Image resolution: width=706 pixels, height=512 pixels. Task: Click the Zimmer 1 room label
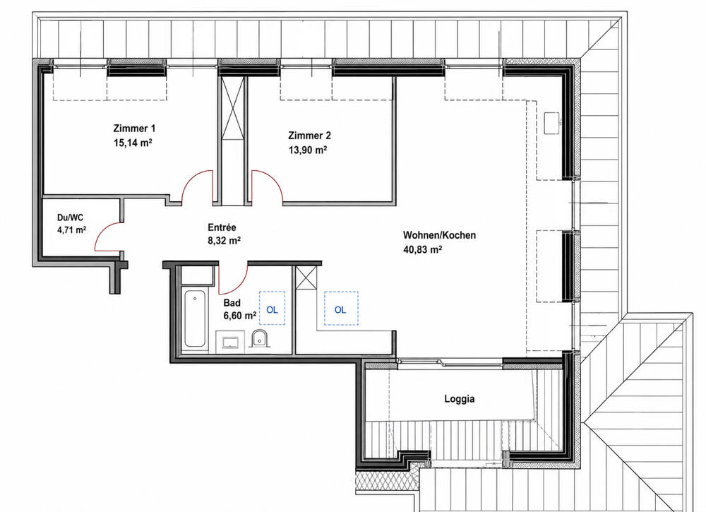(x=134, y=129)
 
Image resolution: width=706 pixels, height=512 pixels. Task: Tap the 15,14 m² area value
(x=133, y=143)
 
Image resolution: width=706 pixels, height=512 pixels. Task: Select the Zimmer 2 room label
(x=309, y=136)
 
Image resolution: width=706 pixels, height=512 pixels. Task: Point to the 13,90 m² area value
(x=308, y=150)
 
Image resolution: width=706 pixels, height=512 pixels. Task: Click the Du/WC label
(x=70, y=218)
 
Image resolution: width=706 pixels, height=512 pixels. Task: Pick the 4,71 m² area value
(x=71, y=230)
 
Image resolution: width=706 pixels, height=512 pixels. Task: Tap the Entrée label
(x=222, y=227)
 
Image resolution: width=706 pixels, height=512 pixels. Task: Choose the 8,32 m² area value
(x=224, y=241)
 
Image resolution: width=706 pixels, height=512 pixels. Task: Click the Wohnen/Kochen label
(x=439, y=235)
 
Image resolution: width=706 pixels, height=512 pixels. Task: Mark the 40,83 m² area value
(x=422, y=249)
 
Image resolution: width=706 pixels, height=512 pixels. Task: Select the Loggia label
(x=460, y=399)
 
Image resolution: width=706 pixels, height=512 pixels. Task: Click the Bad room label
(x=232, y=302)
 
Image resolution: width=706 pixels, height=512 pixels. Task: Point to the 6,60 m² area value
(x=240, y=316)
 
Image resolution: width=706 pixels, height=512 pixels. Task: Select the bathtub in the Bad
(x=195, y=318)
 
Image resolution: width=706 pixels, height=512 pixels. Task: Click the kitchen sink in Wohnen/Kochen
(x=553, y=123)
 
